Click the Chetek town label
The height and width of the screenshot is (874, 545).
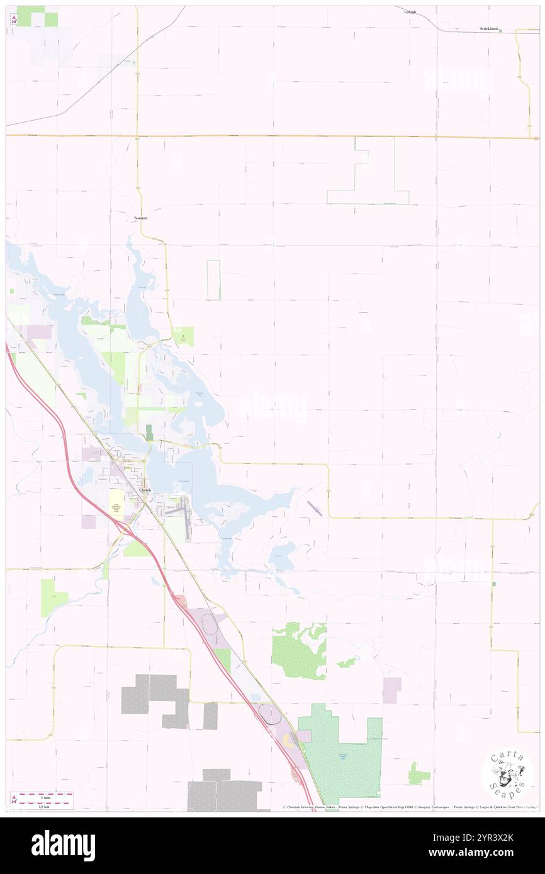tap(145, 490)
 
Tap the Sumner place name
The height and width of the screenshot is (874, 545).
tap(140, 218)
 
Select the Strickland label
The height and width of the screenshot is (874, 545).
tap(488, 29)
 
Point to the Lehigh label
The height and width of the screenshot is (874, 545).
tap(410, 11)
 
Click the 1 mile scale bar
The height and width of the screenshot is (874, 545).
tap(43, 795)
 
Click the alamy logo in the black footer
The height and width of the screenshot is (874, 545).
tap(63, 846)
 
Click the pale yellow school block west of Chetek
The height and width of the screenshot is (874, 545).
tap(116, 504)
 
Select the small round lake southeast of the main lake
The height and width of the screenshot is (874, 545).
tap(282, 556)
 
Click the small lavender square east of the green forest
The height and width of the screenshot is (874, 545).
tap(391, 690)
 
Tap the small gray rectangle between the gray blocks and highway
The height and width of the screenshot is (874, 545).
tap(210, 716)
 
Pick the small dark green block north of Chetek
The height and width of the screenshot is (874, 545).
tap(149, 432)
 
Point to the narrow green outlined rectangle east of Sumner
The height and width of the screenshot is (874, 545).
tap(214, 280)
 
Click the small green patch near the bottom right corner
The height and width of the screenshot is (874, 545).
tap(418, 773)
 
